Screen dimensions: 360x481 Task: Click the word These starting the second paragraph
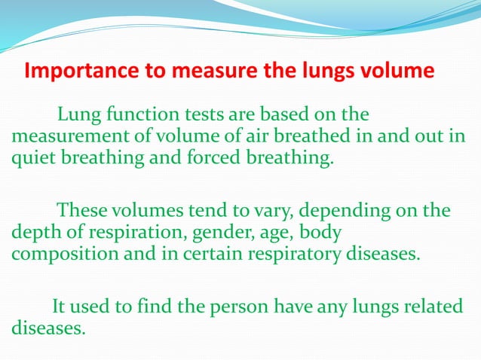coord(80,209)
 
